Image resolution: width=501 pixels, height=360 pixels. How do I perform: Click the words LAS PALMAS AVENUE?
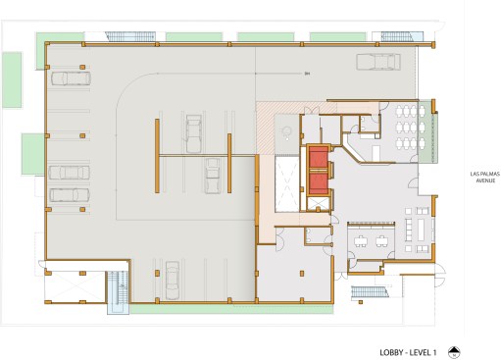pyautogui.click(x=485, y=177)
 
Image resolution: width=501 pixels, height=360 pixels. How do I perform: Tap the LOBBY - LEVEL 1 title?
pyautogui.click(x=408, y=352)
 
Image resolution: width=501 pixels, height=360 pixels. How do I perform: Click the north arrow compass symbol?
pyautogui.click(x=454, y=352)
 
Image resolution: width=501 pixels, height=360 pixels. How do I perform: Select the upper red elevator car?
pyautogui.click(x=319, y=158)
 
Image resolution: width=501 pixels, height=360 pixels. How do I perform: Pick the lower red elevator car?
pyautogui.click(x=319, y=183)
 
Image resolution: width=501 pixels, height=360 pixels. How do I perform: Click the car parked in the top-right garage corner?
pyautogui.click(x=378, y=62)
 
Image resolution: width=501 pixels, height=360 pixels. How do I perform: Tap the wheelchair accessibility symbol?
pyautogui.click(x=286, y=133)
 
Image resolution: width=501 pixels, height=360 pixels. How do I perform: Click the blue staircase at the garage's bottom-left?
pyautogui.click(x=118, y=292)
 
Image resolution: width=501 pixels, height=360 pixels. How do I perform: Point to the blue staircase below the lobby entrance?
pyautogui.click(x=370, y=291)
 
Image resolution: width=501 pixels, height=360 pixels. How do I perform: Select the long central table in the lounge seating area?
pyautogui.click(x=421, y=229)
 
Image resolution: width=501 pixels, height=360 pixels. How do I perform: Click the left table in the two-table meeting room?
pyautogui.click(x=361, y=241)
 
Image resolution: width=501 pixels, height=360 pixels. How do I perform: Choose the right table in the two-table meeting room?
pyautogui.click(x=381, y=241)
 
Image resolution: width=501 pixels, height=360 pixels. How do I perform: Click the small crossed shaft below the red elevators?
pyautogui.click(x=319, y=204)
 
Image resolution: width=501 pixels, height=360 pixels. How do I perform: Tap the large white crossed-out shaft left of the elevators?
pyautogui.click(x=287, y=183)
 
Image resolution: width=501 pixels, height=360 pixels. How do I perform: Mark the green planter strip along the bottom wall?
pyautogui.click(x=231, y=309)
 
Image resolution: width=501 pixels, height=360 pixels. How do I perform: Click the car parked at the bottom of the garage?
pyautogui.click(x=173, y=281)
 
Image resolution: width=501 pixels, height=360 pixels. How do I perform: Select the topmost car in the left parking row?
pyautogui.click(x=71, y=78)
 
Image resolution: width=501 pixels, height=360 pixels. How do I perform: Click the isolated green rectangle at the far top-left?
pyautogui.click(x=12, y=79)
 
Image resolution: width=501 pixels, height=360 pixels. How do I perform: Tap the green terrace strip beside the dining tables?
pyautogui.click(x=427, y=131)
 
